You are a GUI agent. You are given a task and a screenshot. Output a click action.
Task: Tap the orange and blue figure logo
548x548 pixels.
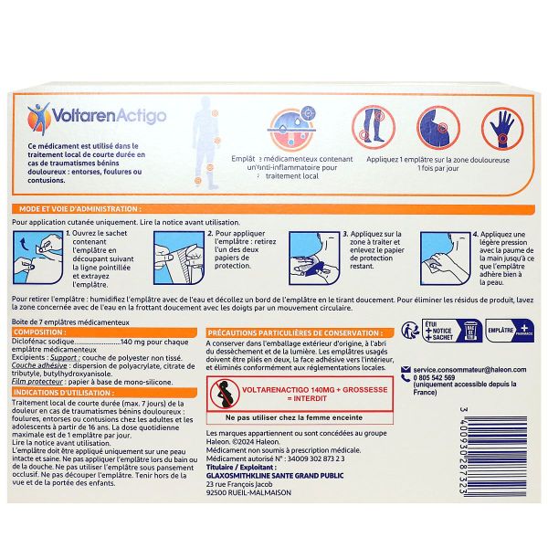pos(39,116)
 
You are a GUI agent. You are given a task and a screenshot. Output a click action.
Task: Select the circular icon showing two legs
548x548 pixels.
pos(374,125)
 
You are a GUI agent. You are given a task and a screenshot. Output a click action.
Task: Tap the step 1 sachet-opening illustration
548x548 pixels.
pos(37,258)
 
